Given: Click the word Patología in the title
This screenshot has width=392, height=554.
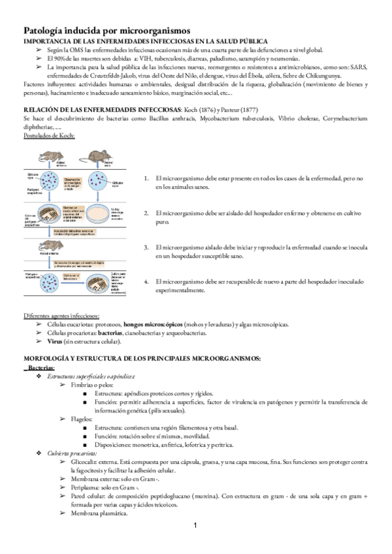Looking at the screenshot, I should pos(46,30).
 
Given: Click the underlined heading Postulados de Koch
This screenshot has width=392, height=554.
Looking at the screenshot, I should pos(49,135).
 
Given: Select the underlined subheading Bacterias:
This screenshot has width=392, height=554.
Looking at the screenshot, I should pos(45,368).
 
